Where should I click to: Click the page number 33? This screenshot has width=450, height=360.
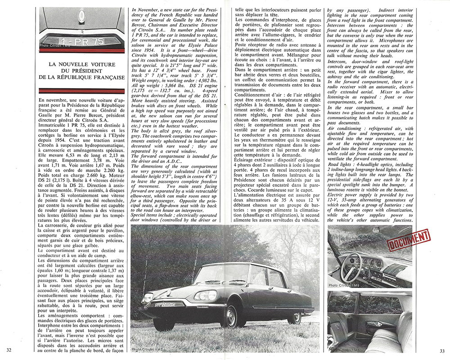[x=442, y=351]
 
